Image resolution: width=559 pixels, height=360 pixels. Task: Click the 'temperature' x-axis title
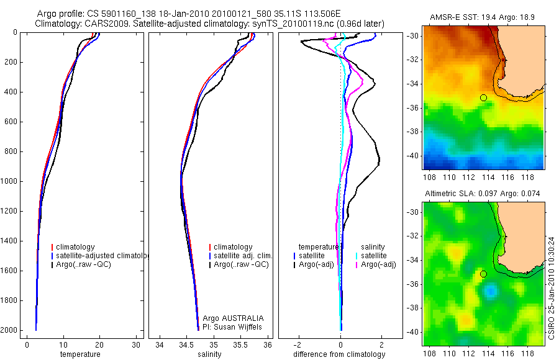click(80, 354)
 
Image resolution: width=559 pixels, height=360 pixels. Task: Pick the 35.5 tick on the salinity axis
click(241, 345)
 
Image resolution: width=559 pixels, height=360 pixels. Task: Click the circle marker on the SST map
click(483, 97)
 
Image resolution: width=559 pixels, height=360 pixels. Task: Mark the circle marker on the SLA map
click(483, 274)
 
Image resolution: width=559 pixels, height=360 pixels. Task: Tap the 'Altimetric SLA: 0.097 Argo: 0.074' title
click(483, 194)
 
